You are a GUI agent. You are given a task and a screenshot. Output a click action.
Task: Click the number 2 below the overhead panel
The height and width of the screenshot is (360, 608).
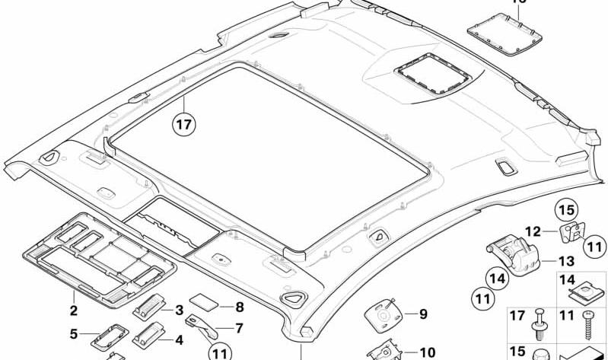[73, 310]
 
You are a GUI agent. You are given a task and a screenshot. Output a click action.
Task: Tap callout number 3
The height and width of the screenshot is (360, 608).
[180, 310]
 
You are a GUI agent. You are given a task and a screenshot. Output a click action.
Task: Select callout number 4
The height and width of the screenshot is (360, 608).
[179, 340]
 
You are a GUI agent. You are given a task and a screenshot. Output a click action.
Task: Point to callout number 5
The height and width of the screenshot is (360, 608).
[74, 333]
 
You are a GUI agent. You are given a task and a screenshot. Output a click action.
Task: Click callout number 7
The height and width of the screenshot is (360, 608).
[239, 329]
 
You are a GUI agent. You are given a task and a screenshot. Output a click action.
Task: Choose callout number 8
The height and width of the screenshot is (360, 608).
[239, 307]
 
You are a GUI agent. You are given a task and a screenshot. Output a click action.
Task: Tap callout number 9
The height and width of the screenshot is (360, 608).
[423, 312]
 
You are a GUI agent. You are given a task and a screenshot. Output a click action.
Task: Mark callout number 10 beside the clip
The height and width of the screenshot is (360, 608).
[426, 352]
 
